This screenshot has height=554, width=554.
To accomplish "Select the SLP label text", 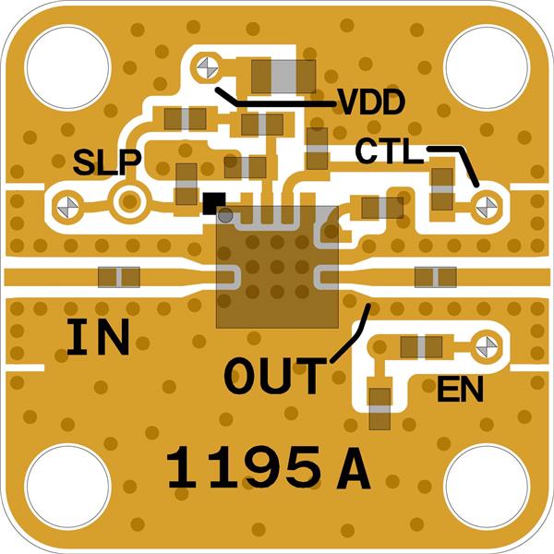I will click(107, 163).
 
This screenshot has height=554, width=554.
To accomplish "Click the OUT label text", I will click(276, 376).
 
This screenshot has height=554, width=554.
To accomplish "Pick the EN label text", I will click(461, 391).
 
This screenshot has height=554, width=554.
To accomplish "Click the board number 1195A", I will click(269, 469).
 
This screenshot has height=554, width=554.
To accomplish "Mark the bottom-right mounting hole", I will click(487, 487).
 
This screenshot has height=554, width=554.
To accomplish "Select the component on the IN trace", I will click(118, 276).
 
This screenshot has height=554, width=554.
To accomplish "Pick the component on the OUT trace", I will click(435, 276).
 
